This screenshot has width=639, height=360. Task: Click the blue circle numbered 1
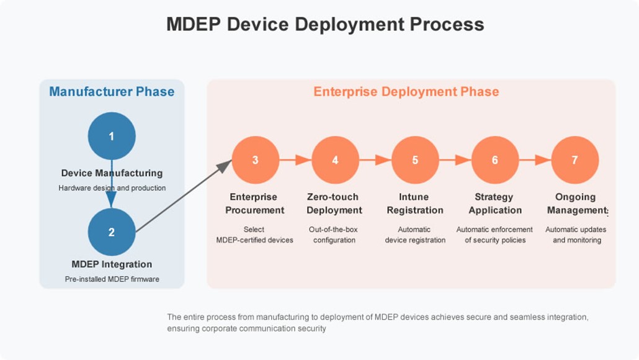click(112, 136)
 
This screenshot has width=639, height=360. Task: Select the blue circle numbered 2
click(112, 232)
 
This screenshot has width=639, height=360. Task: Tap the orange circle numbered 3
click(255, 160)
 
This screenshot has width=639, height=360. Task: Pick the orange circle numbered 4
click(335, 160)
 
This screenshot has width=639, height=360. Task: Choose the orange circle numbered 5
click(415, 160)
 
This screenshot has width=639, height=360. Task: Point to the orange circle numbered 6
click(495, 160)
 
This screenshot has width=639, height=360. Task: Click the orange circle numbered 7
click(574, 160)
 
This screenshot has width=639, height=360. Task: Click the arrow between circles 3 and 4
click(295, 160)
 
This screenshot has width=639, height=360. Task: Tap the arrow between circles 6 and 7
click(535, 160)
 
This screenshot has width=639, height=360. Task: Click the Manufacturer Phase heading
click(112, 92)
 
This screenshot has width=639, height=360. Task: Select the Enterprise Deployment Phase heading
click(406, 92)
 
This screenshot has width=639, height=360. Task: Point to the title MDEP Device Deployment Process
click(325, 24)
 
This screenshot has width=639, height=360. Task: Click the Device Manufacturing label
click(112, 173)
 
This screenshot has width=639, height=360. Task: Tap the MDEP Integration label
click(112, 264)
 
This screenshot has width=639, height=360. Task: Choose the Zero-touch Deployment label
click(334, 204)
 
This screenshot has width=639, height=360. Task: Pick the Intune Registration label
click(415, 204)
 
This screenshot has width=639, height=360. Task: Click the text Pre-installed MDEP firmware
click(112, 279)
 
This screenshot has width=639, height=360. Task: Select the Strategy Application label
click(495, 204)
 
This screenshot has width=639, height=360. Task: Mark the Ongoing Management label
click(575, 204)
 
